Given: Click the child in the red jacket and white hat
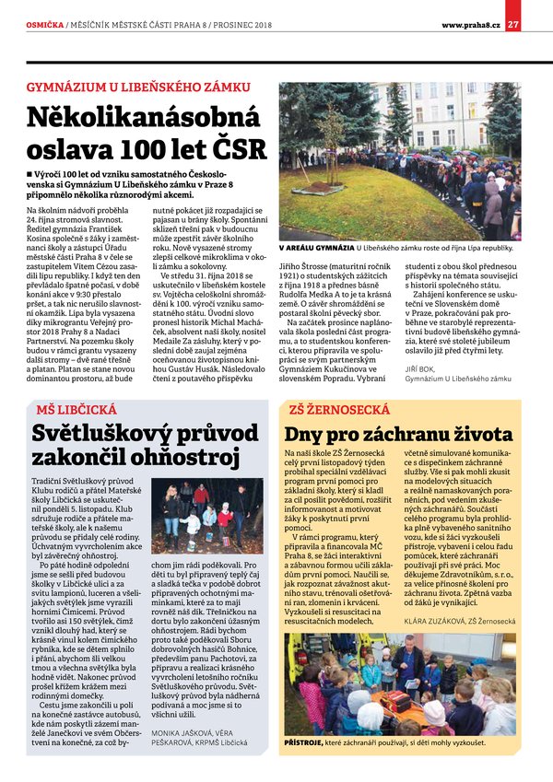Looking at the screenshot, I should (223, 523).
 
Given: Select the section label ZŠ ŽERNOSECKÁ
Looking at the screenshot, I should (333, 408).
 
